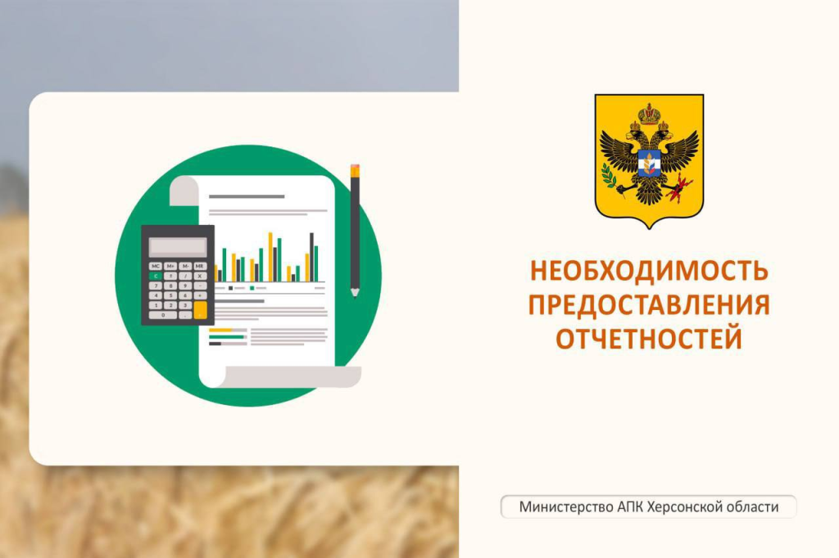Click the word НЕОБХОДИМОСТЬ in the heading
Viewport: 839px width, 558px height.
tap(649, 271)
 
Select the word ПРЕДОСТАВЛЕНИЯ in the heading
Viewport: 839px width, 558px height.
tap(649, 305)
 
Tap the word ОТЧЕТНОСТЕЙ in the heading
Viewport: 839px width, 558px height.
tap(649, 339)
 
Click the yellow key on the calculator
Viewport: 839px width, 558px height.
tap(200, 310)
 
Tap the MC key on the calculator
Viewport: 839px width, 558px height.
tap(155, 266)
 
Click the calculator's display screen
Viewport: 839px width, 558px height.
tap(178, 246)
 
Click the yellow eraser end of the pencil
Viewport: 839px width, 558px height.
tap(355, 171)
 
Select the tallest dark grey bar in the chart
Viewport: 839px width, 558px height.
tap(311, 257)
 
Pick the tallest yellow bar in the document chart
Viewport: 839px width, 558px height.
tap(270, 257)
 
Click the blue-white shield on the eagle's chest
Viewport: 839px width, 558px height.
tap(649, 163)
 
